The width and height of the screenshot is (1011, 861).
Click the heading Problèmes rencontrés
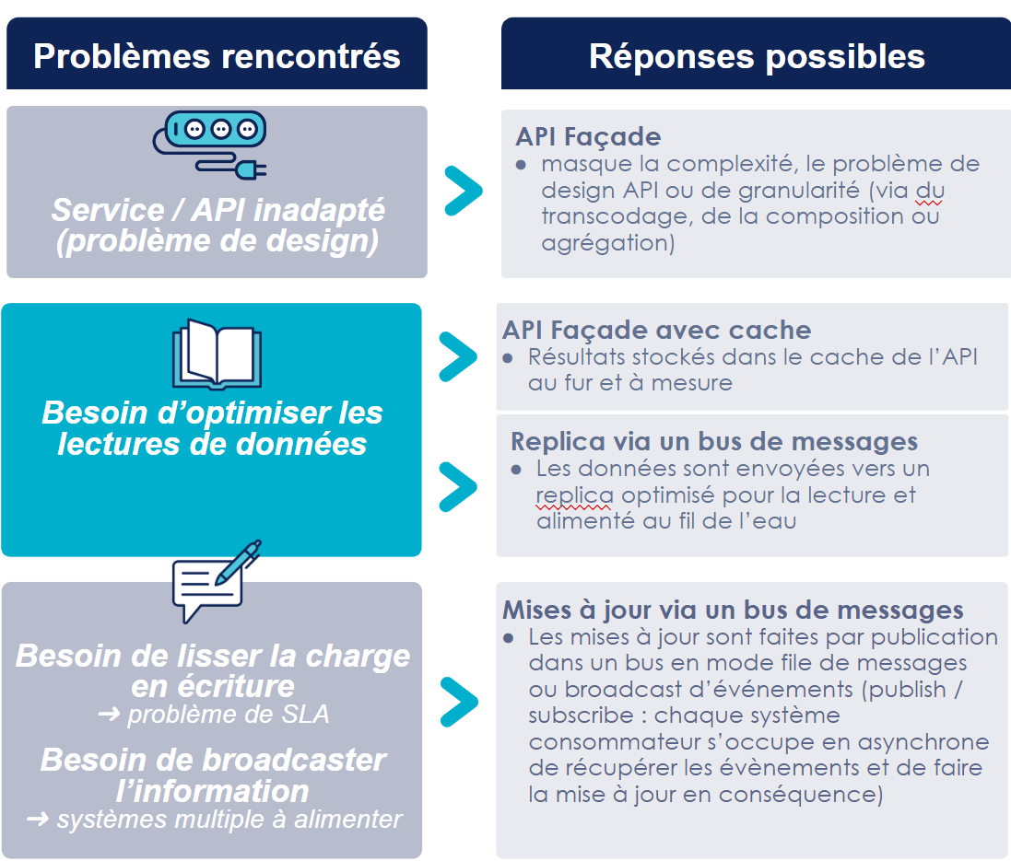tap(217, 56)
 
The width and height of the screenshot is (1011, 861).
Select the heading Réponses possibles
tap(757, 56)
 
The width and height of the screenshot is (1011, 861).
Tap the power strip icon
tap(211, 143)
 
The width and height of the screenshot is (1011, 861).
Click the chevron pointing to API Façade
tap(462, 190)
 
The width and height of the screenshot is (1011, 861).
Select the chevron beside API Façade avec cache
tap(458, 356)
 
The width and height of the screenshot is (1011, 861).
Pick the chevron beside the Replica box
tap(458, 486)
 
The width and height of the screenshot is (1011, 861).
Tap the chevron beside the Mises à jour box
tap(458, 703)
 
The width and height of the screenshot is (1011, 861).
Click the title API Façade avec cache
tap(657, 330)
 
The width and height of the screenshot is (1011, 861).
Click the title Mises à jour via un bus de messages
tap(733, 610)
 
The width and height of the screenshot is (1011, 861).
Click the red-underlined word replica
tap(574, 494)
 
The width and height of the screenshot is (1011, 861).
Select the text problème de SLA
tap(229, 715)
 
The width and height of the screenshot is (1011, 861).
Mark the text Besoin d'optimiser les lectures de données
tap(212, 428)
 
